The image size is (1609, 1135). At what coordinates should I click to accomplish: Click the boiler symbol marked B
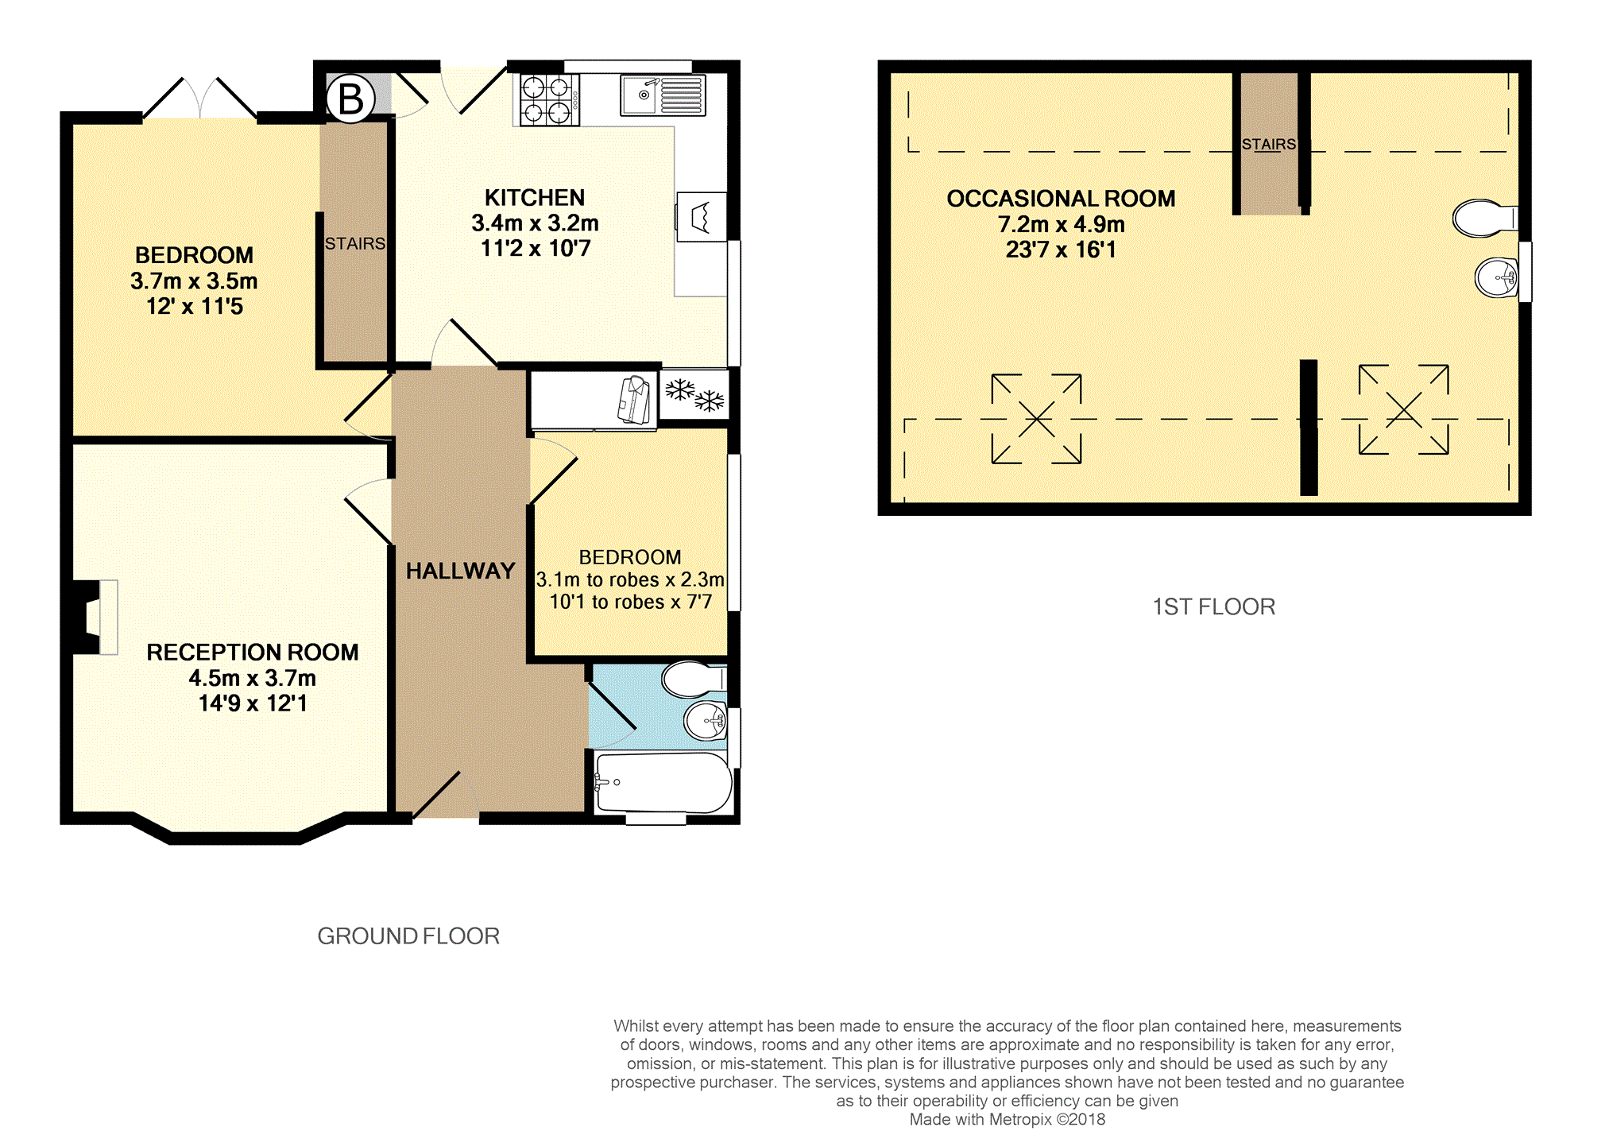click(350, 99)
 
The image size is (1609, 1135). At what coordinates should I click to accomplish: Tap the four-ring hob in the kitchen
click(549, 99)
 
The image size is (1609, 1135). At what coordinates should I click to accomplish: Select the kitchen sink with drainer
click(663, 95)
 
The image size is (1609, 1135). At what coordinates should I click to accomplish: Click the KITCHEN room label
click(535, 197)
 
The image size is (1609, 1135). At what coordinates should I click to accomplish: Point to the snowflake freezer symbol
click(694, 394)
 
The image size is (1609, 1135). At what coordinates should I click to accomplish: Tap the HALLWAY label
click(461, 571)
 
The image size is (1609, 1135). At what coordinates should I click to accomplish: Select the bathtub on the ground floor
click(663, 783)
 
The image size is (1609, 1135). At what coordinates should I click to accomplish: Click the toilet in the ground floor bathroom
click(694, 680)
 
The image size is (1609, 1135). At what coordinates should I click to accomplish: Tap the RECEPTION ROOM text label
click(253, 653)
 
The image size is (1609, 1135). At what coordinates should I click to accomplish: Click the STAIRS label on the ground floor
click(355, 243)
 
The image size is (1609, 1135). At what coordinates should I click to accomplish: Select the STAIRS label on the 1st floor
click(1269, 144)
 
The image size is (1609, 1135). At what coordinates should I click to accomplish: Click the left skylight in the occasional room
click(1036, 418)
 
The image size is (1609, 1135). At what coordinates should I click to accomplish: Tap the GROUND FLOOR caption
click(408, 936)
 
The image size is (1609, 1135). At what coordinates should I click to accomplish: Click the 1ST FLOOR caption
click(1214, 607)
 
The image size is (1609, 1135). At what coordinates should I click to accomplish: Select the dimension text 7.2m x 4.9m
click(1062, 224)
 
